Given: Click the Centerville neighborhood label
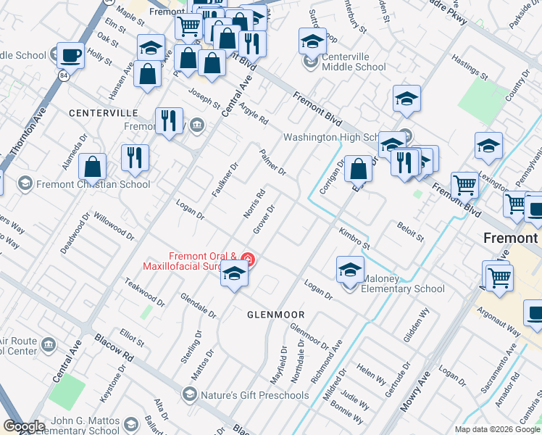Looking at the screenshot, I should [x=104, y=113].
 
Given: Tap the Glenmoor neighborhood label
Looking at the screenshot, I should [x=275, y=315].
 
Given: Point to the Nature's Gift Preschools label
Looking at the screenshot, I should [x=254, y=395].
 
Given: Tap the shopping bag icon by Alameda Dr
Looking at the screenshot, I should [x=93, y=167].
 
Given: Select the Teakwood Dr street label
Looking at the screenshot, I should [x=144, y=289].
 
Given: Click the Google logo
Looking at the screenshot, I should [x=24, y=426].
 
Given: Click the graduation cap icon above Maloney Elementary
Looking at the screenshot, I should [x=350, y=269].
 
